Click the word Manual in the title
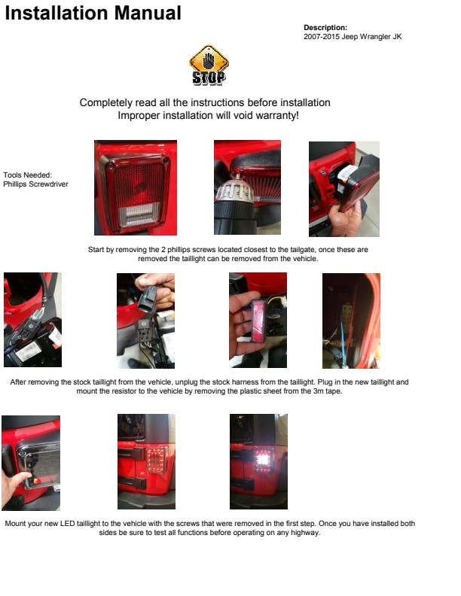(148, 13)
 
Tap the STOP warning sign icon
(209, 65)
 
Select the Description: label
(325, 27)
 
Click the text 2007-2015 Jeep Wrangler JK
(353, 36)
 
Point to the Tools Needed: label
(27, 175)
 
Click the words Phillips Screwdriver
(35, 184)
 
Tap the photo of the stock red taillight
(136, 188)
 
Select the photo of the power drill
(247, 187)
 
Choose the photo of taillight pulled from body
(343, 189)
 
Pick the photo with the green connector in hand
(145, 321)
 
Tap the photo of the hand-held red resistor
(258, 320)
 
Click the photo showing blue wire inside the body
(351, 321)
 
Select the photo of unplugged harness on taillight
(32, 320)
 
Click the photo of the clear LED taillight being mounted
(31, 463)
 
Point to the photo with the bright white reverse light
(258, 461)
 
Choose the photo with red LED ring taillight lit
(146, 461)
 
